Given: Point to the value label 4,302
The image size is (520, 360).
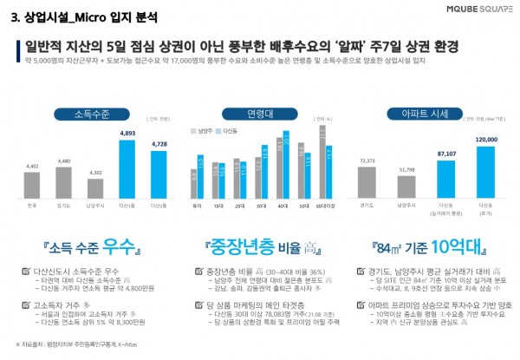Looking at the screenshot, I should (x=96, y=173).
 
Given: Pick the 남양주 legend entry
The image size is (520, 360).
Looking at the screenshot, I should (x=205, y=131).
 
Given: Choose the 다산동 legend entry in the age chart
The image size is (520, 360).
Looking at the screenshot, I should (x=228, y=131).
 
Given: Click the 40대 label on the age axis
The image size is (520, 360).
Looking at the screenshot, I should (x=283, y=205).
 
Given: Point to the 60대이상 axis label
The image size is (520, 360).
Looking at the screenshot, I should (x=328, y=205).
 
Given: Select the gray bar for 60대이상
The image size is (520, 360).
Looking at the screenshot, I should (x=322, y=164).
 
